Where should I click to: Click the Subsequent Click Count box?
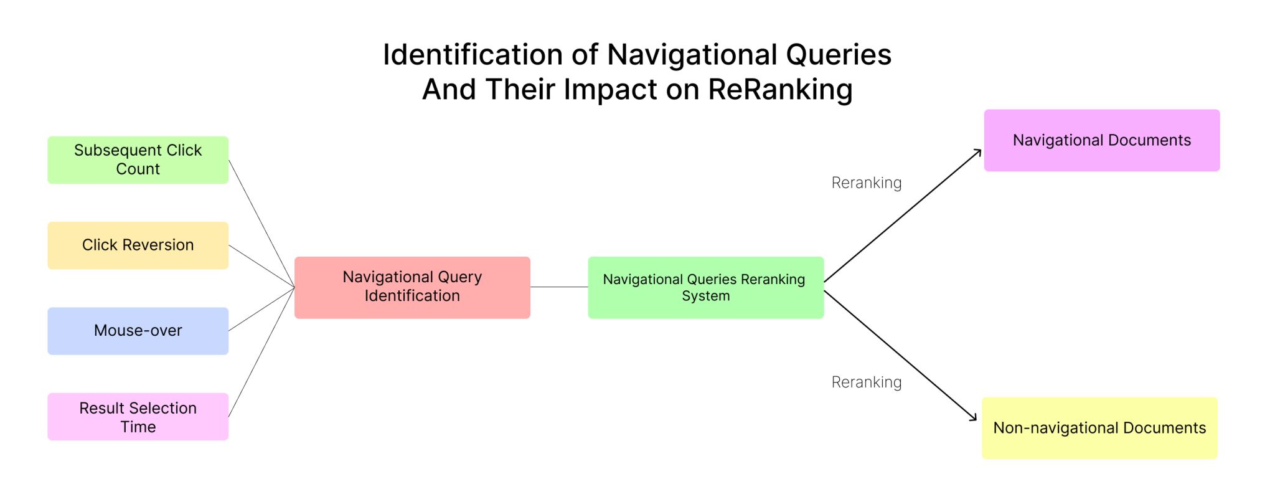click(138, 160)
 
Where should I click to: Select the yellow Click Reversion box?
click(138, 245)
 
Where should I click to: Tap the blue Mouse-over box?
click(138, 331)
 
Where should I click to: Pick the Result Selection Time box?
click(138, 417)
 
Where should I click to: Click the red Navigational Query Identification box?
click(412, 288)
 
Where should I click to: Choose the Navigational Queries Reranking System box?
click(706, 288)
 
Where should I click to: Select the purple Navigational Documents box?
click(1102, 141)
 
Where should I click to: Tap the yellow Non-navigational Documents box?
click(1100, 428)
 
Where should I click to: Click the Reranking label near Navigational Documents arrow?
click(867, 183)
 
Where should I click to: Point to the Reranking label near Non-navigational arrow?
click(867, 382)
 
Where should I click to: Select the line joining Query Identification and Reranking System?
click(559, 287)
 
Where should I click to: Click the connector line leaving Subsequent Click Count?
click(261, 224)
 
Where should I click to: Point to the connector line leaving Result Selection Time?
click(261, 352)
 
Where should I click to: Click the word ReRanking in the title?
click(780, 89)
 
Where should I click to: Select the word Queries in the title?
click(839, 55)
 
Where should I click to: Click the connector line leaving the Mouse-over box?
click(261, 309)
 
